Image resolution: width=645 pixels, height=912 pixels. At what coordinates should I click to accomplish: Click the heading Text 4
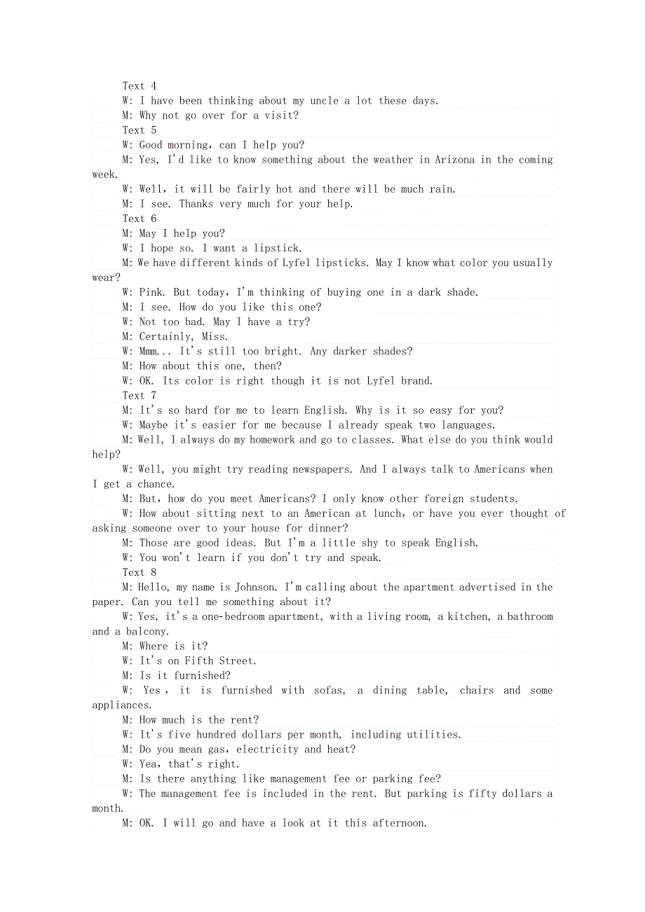[140, 86]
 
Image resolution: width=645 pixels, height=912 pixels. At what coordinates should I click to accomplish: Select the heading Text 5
[140, 130]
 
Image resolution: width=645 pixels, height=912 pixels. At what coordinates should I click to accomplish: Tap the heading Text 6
[140, 219]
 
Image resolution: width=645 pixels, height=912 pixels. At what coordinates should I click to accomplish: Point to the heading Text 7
[140, 396]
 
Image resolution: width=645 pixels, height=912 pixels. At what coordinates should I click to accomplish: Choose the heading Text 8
[140, 572]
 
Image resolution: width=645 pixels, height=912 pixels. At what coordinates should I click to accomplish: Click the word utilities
[435, 734]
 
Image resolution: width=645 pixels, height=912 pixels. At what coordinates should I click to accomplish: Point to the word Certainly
[167, 336]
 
